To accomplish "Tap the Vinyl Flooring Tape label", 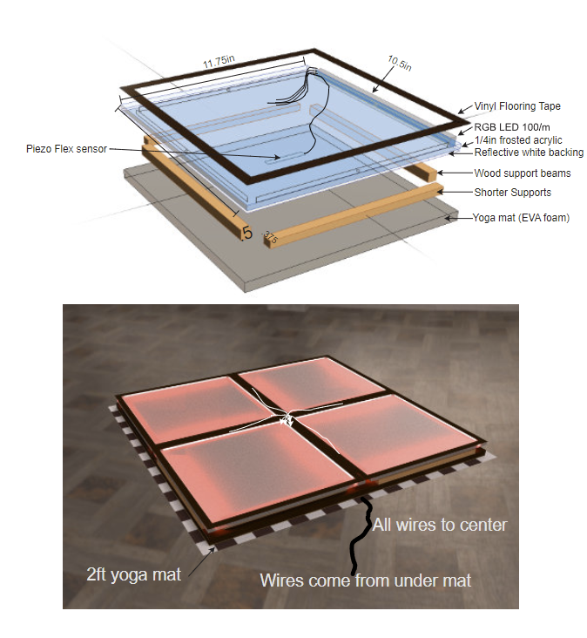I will tap(517, 106).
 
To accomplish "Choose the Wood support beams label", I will tap(517, 173).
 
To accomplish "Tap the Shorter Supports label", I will tap(512, 192).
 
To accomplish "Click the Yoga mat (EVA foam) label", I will tap(521, 217).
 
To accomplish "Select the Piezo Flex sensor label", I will tap(66, 149).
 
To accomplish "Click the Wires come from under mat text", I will tap(366, 580).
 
